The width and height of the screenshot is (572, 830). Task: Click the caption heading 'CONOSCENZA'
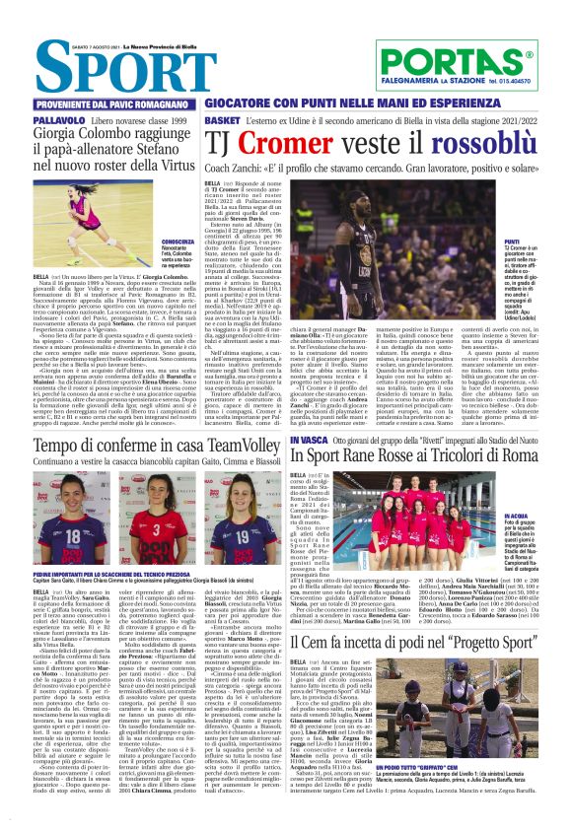pos(177,242)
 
